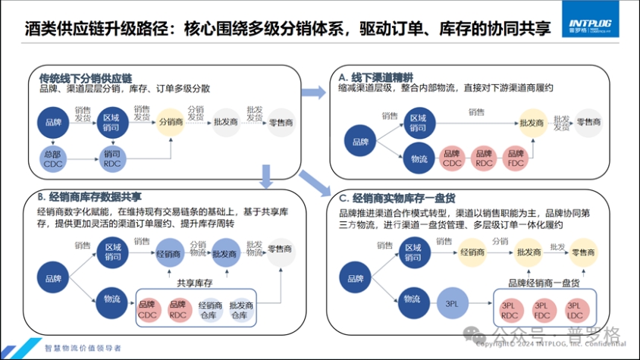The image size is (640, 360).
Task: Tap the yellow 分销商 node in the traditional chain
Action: pyautogui.click(x=170, y=121)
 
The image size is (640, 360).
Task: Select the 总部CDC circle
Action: pyautogui.click(x=52, y=159)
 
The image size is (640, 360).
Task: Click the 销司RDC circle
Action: pyautogui.click(x=111, y=159)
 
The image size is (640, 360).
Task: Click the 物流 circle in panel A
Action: pyautogui.click(x=419, y=158)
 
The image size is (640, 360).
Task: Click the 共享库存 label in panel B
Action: pyautogui.click(x=193, y=283)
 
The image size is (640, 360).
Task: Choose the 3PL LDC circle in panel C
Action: pyautogui.click(x=574, y=309)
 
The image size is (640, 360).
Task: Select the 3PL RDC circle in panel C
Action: pyautogui.click(x=510, y=309)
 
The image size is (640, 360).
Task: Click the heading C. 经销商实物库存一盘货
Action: pyautogui.click(x=397, y=198)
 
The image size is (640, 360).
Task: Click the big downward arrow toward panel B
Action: pyautogui.click(x=266, y=179)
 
